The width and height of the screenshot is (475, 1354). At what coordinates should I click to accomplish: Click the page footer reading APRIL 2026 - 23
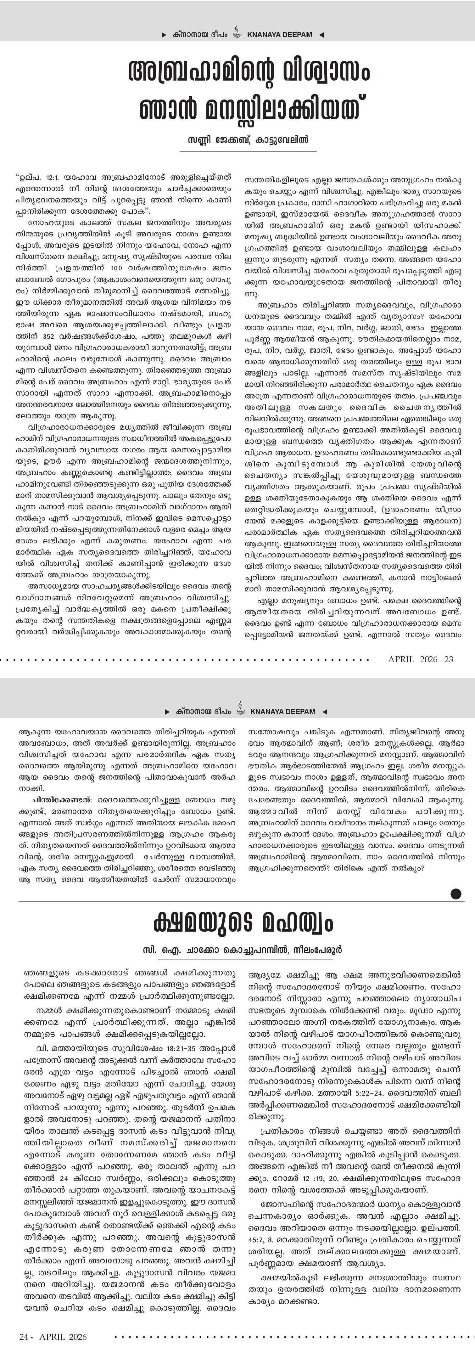[420, 659]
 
